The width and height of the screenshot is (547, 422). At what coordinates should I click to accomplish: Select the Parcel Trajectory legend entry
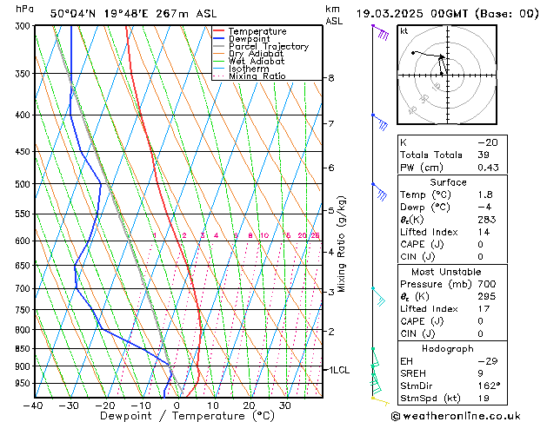(268, 46)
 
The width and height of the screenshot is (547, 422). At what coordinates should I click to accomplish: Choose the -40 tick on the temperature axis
(34, 406)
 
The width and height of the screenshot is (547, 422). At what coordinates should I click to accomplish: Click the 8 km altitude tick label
(331, 78)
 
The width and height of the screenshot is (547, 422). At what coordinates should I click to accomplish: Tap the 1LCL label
(337, 370)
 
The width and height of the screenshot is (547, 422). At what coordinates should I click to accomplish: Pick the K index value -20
(487, 142)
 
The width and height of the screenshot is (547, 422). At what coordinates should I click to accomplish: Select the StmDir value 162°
(489, 386)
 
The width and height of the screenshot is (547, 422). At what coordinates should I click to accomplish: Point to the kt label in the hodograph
(404, 30)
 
